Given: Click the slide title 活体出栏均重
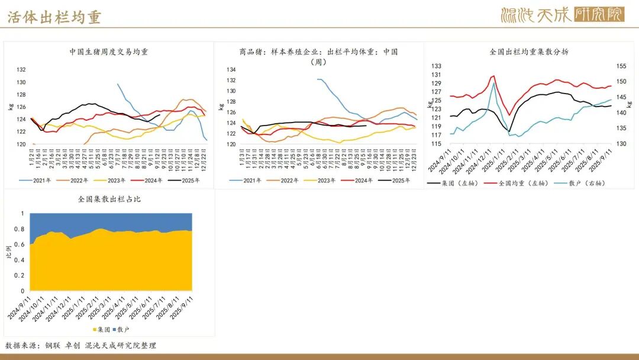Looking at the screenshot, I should coord(54,17).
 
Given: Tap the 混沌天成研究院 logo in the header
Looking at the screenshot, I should coord(562,15).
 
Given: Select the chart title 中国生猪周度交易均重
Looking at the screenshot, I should coord(109,52).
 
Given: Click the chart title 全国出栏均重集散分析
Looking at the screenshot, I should coord(530,52).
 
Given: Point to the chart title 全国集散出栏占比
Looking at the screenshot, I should coord(109,200).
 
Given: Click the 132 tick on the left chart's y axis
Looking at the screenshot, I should coord(22,70).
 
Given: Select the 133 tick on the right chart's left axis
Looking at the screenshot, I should coord(436,66).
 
